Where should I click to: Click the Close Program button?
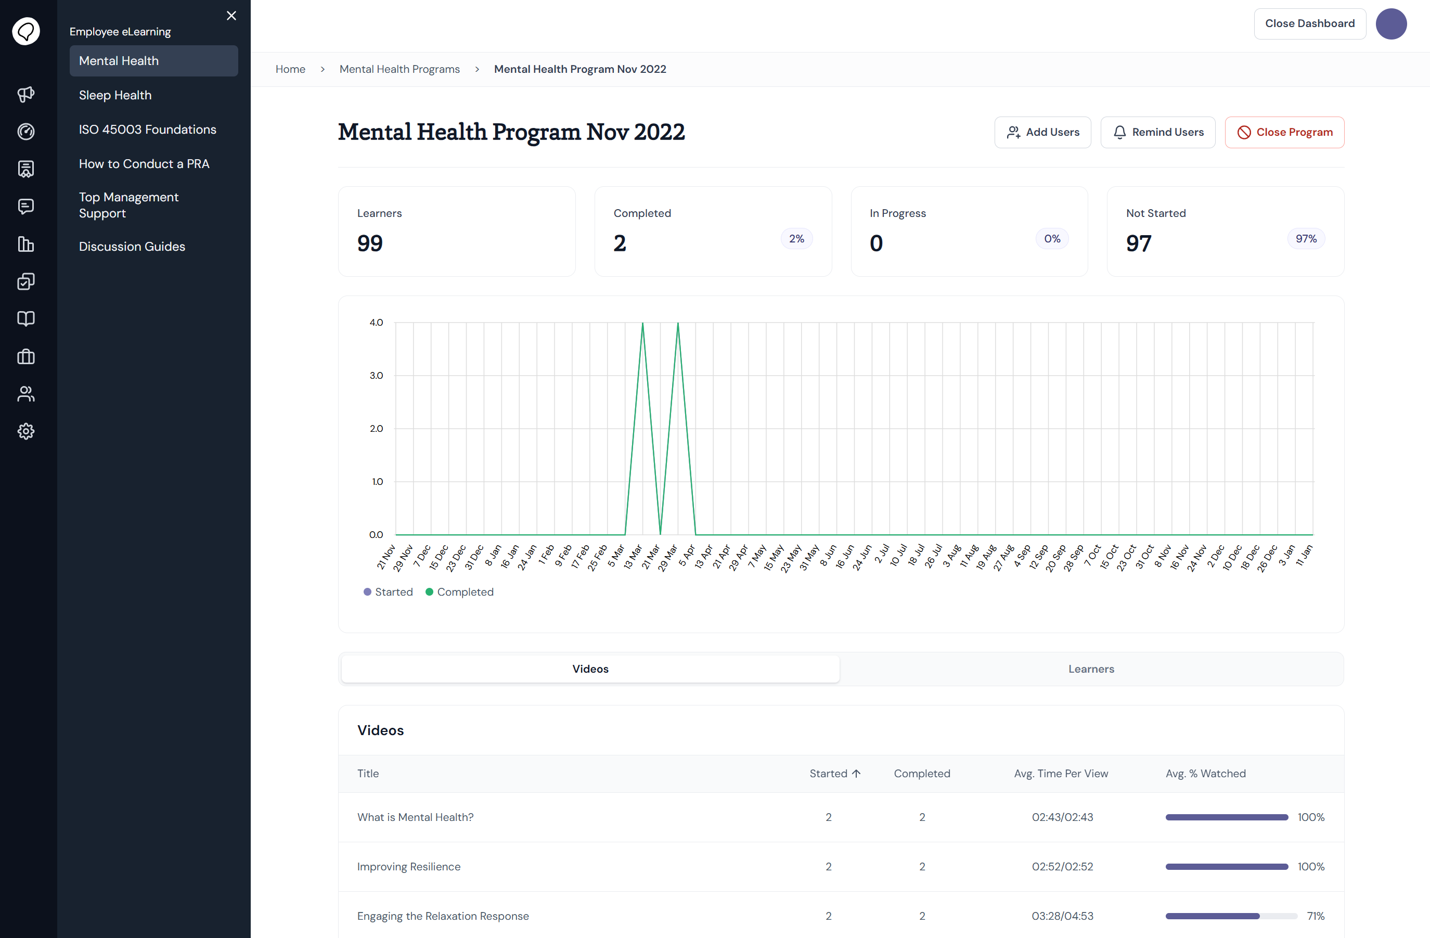[1284, 132]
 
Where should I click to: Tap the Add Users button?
[1042, 132]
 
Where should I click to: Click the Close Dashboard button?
[1310, 23]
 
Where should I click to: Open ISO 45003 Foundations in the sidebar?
[148, 129]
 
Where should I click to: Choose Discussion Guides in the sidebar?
[132, 247]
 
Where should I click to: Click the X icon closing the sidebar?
[231, 16]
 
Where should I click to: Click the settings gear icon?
[26, 431]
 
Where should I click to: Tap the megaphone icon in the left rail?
[26, 94]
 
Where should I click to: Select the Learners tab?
[1091, 669]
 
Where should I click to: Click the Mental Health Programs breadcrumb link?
[400, 69]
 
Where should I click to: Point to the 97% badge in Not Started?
[1306, 239]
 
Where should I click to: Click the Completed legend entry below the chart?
[460, 592]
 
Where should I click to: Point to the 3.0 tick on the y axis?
[376, 376]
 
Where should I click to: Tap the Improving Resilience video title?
[408, 867]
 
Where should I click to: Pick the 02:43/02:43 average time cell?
[1062, 817]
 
